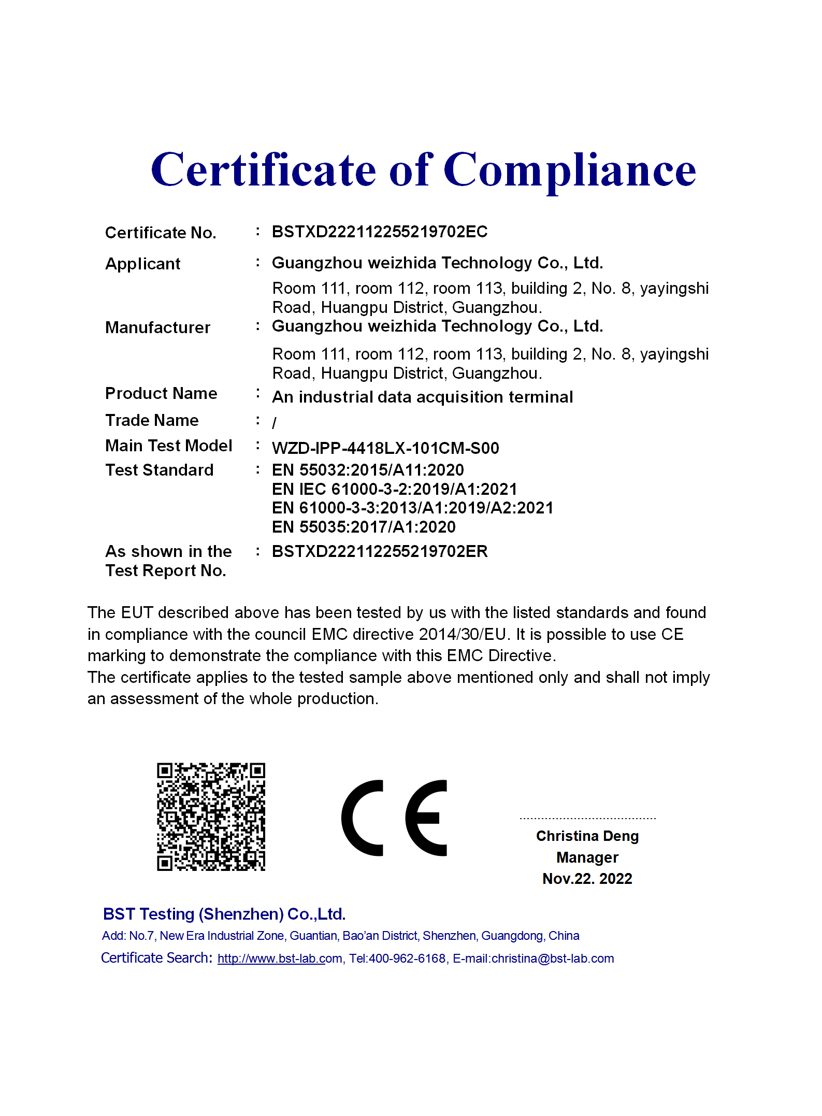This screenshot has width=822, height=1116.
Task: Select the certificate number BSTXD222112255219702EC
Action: click(380, 232)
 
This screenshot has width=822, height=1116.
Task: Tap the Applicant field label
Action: click(143, 264)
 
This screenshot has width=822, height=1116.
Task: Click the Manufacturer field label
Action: click(158, 327)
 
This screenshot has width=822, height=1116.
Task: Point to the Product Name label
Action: click(161, 393)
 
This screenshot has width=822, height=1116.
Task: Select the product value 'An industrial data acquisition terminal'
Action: click(423, 397)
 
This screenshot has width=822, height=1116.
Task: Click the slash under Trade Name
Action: click(275, 423)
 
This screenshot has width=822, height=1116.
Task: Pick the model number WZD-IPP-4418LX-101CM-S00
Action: click(385, 448)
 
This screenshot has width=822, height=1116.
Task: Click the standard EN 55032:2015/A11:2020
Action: click(368, 470)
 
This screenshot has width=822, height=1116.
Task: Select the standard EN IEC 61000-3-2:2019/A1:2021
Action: click(395, 489)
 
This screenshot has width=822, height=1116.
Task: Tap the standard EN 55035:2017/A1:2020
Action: click(364, 527)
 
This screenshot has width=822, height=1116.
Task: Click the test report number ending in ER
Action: click(380, 551)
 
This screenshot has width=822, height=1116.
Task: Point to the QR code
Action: click(211, 817)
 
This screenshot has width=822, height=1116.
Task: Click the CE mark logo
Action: click(394, 818)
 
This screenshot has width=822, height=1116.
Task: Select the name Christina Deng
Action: click(587, 836)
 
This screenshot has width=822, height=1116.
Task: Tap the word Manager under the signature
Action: click(587, 857)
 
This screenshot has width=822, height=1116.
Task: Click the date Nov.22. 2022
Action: click(587, 879)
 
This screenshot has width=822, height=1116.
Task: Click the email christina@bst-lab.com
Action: click(553, 958)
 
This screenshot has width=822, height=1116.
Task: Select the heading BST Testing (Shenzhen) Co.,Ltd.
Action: click(224, 914)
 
